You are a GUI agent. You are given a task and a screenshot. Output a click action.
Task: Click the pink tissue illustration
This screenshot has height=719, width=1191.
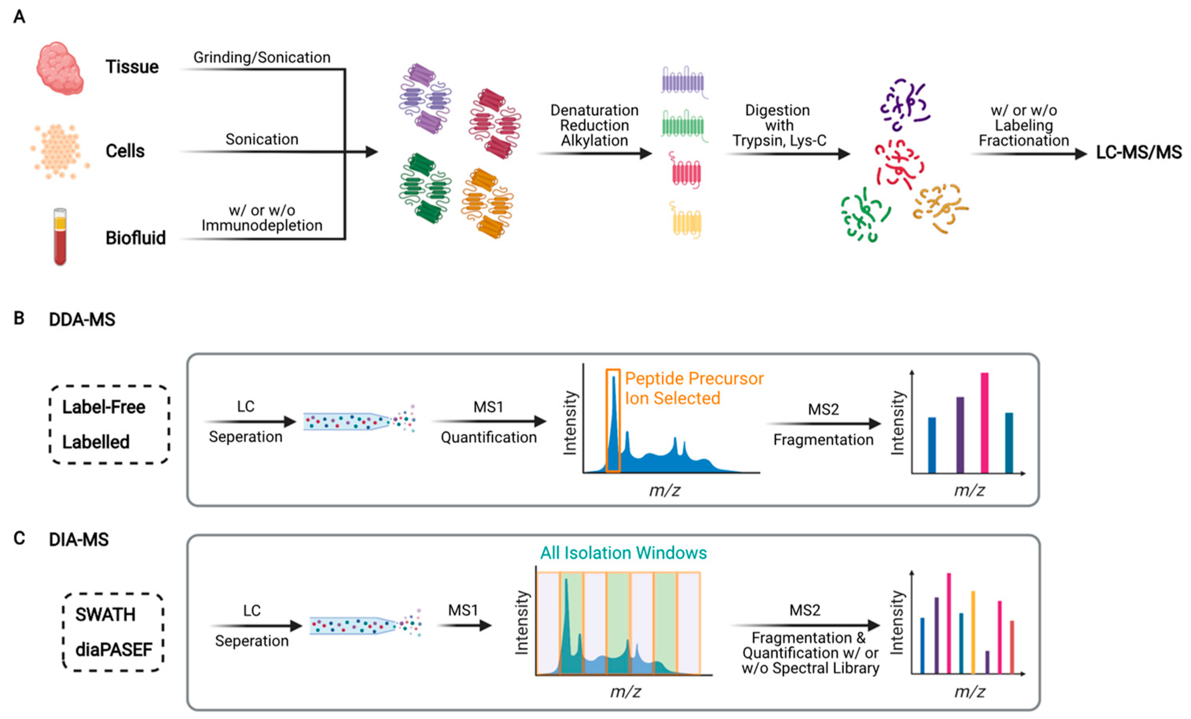click(59, 67)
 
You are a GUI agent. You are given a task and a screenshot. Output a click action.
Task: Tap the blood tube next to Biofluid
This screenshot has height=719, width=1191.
click(60, 236)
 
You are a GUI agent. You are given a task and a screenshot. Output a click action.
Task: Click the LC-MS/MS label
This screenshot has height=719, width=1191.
click(1138, 153)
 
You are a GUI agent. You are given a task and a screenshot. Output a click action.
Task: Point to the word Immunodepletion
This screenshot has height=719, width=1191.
click(262, 226)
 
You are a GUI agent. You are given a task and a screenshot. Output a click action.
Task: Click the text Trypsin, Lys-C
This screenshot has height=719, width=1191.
click(779, 141)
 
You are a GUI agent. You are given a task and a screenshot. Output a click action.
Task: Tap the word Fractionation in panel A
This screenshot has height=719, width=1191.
click(1024, 141)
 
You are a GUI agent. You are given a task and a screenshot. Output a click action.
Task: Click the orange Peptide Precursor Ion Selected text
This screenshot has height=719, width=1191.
click(694, 388)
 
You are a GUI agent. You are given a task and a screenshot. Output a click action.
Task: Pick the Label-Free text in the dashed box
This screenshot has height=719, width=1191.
click(103, 407)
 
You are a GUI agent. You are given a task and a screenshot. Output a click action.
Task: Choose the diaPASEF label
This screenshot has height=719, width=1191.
click(114, 650)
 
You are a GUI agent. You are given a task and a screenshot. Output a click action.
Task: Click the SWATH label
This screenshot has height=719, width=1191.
click(105, 615)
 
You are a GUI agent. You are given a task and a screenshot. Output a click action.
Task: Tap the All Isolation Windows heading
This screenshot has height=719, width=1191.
click(623, 553)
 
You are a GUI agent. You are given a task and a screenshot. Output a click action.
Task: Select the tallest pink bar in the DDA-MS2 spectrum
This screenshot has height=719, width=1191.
click(984, 423)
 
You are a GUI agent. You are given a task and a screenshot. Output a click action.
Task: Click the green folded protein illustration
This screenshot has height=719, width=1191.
click(425, 188)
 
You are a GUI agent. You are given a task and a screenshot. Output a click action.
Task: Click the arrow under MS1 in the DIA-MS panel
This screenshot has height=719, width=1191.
click(465, 626)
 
